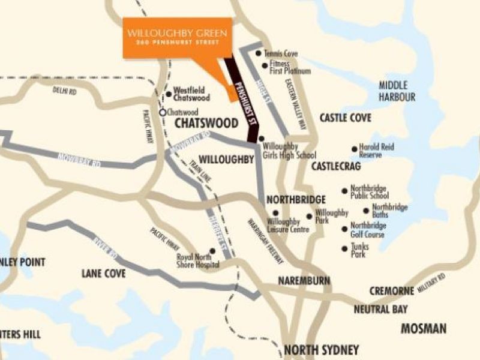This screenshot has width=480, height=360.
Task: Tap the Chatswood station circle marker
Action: point(162,112)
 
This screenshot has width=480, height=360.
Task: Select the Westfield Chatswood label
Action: point(191,94)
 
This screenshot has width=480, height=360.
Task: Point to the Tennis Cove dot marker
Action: point(258,53)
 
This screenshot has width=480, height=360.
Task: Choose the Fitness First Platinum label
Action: point(290,67)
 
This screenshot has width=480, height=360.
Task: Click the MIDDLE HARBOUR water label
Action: point(397,91)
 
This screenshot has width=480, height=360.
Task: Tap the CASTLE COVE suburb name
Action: point(346,118)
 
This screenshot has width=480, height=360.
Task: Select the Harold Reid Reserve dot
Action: point(354,149)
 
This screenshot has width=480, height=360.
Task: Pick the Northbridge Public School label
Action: point(370,191)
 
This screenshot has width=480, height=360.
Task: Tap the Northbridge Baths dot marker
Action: point(366,211)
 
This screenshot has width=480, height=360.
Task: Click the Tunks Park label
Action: point(359,250)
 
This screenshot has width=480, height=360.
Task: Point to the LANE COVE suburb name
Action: point(103,274)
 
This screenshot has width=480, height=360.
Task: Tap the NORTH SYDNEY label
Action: point(321,350)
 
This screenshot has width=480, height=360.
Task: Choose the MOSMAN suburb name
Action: point(424,328)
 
